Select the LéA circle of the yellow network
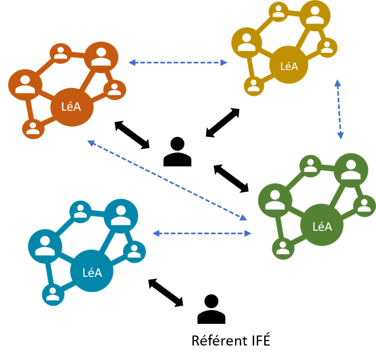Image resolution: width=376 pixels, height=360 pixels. [289, 66]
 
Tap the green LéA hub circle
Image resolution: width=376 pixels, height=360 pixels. [321, 226]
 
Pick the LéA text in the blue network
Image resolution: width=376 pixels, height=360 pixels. [92, 273]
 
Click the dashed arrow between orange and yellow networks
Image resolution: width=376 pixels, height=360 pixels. [178, 62]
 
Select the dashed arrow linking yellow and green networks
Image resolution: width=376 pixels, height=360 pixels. [339, 109]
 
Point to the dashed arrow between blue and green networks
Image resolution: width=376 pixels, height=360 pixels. [202, 234]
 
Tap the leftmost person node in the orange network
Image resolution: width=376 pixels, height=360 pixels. [25, 85]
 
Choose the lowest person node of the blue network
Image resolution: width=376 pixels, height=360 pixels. [53, 295]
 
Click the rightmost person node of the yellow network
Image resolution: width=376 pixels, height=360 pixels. [328, 47]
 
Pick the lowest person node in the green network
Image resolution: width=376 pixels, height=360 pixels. [283, 248]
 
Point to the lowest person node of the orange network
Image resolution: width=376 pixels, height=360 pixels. [33, 129]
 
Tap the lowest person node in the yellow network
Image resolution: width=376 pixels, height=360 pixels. [253, 86]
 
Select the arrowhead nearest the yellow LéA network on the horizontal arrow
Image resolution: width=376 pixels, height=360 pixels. [224, 62]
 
